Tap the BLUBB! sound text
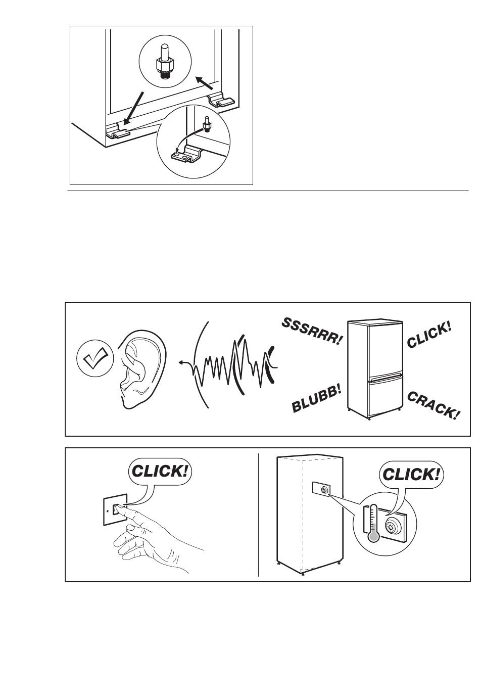click(317, 398)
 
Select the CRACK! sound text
click(434, 405)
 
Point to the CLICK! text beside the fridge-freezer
click(429, 335)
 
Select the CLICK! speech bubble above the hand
click(160, 471)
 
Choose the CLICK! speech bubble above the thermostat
click(411, 475)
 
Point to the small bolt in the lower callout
click(206, 124)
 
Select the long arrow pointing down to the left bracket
click(133, 108)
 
